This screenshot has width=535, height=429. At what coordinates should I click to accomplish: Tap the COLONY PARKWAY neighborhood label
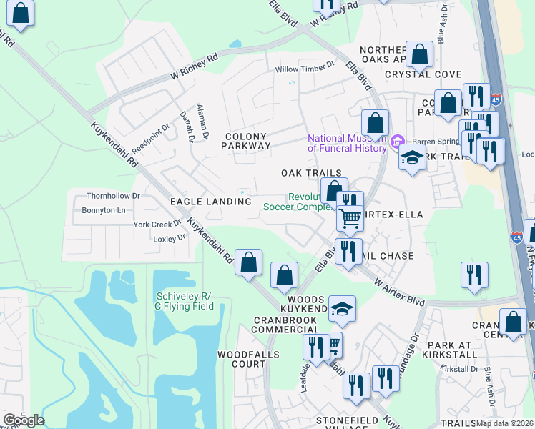pos(247,141)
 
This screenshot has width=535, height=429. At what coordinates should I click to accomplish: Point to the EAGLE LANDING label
pos(210,202)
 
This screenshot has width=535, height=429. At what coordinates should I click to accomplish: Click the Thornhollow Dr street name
pos(113,195)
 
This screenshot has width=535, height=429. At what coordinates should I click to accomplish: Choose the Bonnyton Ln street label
pos(104,210)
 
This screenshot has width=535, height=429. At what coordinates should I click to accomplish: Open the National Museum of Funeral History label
pos(348,143)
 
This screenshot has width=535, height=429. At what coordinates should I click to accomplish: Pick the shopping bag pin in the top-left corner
pos(21,14)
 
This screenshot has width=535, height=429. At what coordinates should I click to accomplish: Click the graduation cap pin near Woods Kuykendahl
pos(343,309)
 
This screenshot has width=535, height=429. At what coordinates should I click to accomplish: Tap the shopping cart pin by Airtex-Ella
pos(350,217)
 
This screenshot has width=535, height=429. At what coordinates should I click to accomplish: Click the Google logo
pos(24,420)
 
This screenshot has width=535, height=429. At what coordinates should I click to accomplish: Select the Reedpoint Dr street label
pos(150,135)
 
